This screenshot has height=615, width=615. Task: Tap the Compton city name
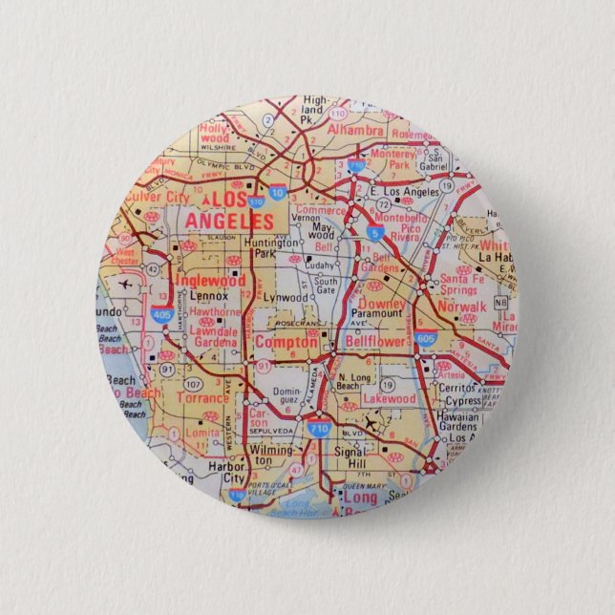click(x=286, y=342)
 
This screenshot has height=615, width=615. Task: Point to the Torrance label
click(x=202, y=398)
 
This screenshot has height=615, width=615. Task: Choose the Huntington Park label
click(x=273, y=248)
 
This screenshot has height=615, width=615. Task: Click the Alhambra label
click(x=354, y=129)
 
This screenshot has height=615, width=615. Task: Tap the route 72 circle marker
click(x=380, y=204)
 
